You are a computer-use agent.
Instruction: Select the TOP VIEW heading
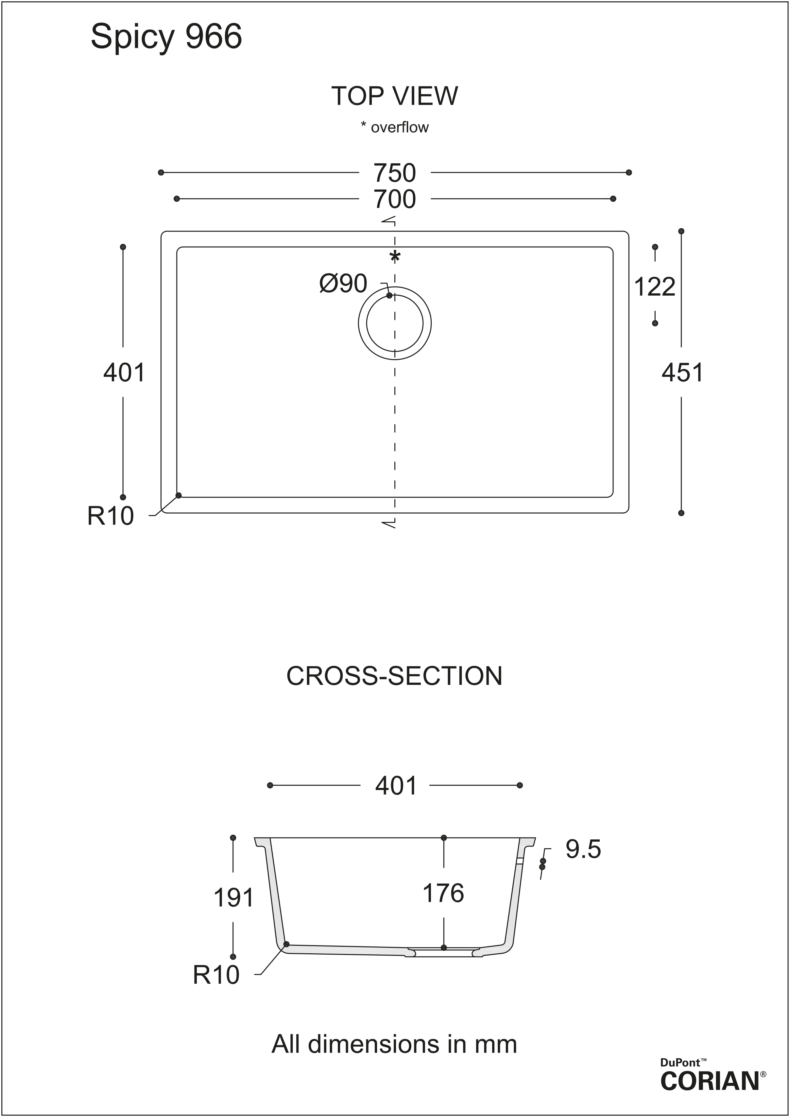pyautogui.click(x=395, y=96)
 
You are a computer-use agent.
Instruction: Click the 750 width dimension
pyautogui.click(x=395, y=173)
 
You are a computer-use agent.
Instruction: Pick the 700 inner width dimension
pyautogui.click(x=395, y=199)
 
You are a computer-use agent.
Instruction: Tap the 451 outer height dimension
pyautogui.click(x=682, y=373)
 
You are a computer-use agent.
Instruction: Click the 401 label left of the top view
pyautogui.click(x=124, y=373)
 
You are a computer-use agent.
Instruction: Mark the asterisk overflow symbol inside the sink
pyautogui.click(x=395, y=257)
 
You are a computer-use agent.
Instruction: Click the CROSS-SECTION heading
pyautogui.click(x=395, y=676)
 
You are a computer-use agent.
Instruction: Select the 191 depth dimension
pyautogui.click(x=233, y=897)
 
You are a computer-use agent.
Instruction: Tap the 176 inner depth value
pyautogui.click(x=443, y=893)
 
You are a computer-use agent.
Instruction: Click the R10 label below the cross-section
pyautogui.click(x=216, y=975)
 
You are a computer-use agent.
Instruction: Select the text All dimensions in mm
pyautogui.click(x=394, y=1044)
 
